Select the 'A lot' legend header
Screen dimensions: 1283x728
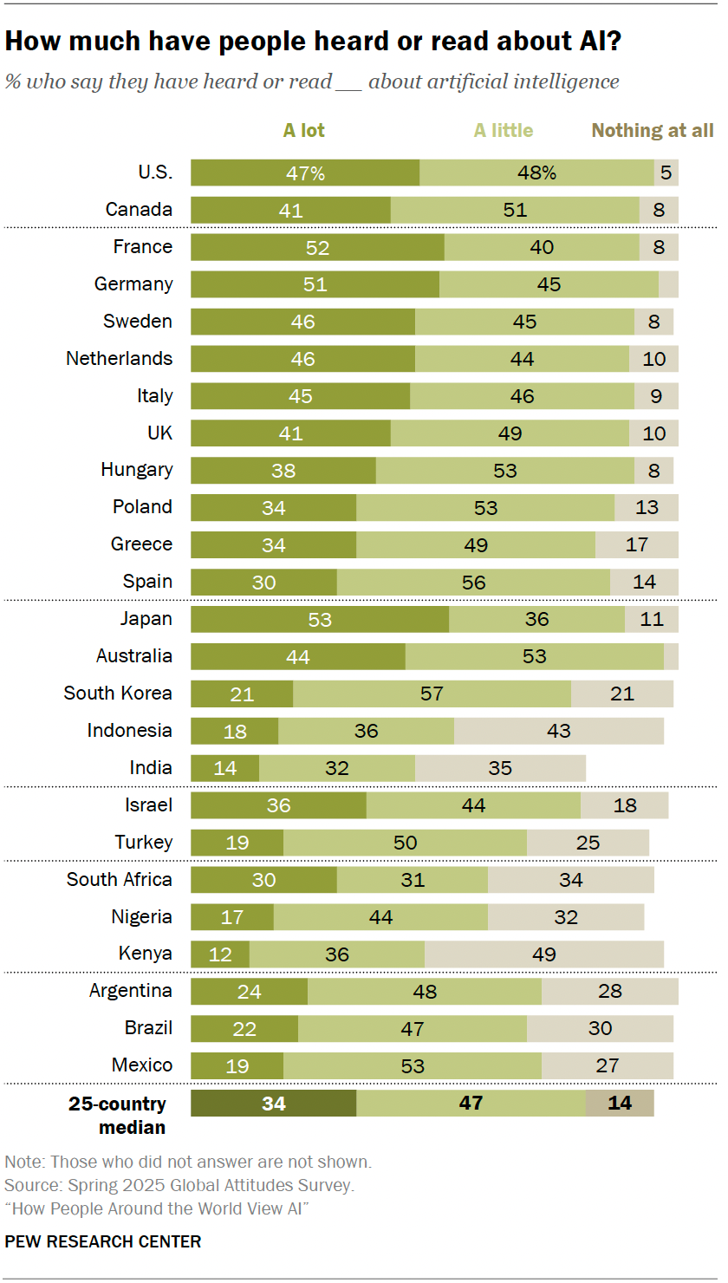click(304, 131)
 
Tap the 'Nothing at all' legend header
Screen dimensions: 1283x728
click(653, 131)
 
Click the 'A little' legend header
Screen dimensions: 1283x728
click(503, 131)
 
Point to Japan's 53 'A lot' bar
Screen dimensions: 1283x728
click(320, 619)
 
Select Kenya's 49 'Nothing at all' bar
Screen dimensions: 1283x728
click(543, 954)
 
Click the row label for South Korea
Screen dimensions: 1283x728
click(118, 694)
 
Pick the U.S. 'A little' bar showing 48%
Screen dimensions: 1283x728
click(536, 173)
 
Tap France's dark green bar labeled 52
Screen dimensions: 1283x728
click(317, 247)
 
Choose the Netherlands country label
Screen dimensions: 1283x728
click(120, 359)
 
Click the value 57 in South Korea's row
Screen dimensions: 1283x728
click(432, 694)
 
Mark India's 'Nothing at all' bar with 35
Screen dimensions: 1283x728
click(500, 768)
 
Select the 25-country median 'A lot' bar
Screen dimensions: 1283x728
click(273, 1104)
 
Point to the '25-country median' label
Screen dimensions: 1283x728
click(118, 1116)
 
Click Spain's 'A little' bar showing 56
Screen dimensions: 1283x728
click(473, 582)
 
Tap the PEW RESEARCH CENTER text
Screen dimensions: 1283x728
click(103, 1241)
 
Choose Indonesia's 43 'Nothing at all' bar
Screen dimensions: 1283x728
click(559, 731)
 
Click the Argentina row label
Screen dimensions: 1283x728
click(131, 991)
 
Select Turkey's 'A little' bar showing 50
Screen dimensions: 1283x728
click(405, 843)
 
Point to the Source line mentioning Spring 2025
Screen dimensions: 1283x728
click(179, 1184)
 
